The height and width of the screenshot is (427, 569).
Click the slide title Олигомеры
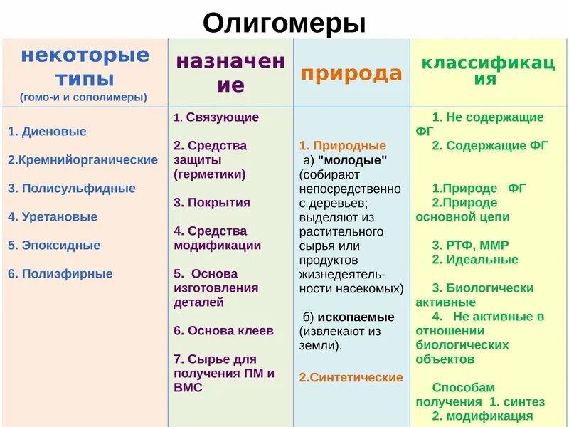coord(284,23)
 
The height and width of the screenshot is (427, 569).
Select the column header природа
coord(351,73)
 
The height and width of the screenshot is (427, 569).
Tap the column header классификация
coord(488,71)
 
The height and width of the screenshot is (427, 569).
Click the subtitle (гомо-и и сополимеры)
coord(84,96)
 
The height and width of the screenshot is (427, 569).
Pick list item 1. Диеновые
coord(47,132)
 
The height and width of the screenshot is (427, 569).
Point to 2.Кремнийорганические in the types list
coord(83,160)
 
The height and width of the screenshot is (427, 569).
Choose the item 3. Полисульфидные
coord(72,189)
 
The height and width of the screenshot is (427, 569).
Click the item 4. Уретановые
coord(53,217)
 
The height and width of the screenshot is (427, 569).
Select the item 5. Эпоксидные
coord(54,246)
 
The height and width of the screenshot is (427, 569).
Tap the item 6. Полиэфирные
coord(60,274)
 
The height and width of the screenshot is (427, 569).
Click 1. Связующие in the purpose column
coord(216,117)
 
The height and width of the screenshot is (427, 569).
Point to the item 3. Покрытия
coord(212,203)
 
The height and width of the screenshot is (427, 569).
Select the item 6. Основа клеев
coord(223,331)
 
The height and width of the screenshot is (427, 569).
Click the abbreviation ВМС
coord(188,388)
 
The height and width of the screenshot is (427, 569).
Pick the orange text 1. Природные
coord(342,146)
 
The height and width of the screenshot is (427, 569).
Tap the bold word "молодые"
coord(353,160)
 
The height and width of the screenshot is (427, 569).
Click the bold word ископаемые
coord(356,317)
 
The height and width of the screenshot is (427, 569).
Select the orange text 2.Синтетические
coord(351,378)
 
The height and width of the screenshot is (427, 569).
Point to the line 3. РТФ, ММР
coord(470,246)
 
